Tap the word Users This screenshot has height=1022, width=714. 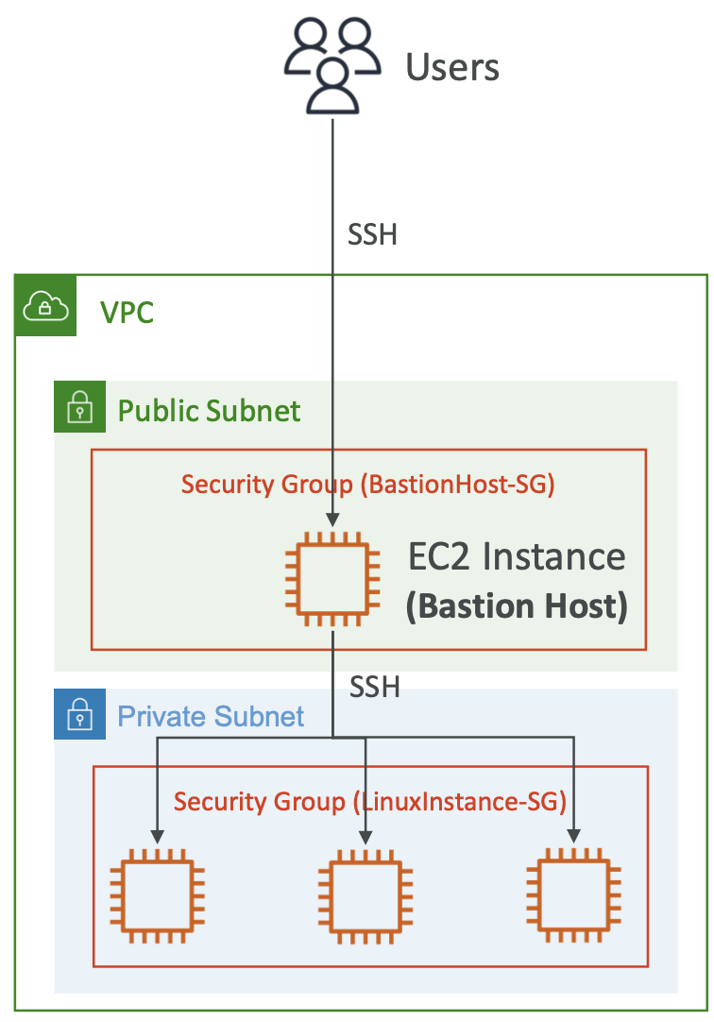tap(452, 68)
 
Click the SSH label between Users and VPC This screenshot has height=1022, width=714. tap(372, 234)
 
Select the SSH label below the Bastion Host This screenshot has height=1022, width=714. tap(375, 687)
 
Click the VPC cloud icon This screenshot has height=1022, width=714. tap(44, 305)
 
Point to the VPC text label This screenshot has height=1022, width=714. tap(127, 312)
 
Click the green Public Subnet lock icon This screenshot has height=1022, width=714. tap(79, 407)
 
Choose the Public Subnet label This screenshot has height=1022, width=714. tap(209, 411)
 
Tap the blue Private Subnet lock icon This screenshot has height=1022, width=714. tap(79, 716)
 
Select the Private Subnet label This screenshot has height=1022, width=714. tap(211, 716)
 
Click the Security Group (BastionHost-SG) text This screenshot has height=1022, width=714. tap(367, 485)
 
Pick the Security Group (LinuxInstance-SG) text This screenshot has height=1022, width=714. tap(369, 802)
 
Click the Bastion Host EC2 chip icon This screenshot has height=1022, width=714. tap(332, 579)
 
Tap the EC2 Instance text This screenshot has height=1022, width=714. tap(517, 556)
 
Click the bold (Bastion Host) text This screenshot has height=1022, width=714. tap(517, 606)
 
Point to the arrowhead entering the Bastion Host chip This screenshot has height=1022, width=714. tap(332, 520)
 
